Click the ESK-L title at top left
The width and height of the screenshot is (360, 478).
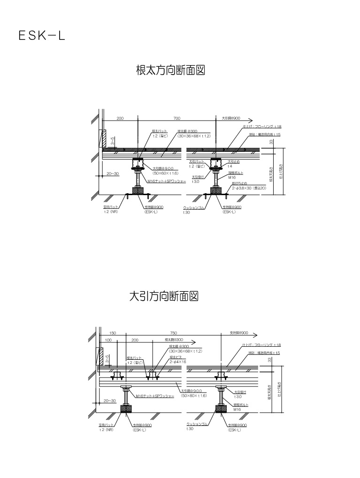click(x=42, y=36)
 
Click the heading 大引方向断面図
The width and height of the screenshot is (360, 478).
click(x=164, y=296)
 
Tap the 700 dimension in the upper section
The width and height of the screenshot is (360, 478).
click(x=176, y=118)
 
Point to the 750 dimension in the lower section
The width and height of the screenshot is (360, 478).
click(x=174, y=333)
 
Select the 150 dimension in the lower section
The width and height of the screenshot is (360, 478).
click(x=113, y=333)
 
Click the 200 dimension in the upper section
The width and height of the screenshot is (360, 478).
click(x=120, y=118)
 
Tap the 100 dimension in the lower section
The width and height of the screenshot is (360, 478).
click(x=108, y=339)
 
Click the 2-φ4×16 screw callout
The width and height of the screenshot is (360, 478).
click(x=178, y=362)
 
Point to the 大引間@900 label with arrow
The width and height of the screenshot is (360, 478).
click(x=231, y=118)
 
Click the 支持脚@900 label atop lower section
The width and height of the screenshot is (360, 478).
click(x=239, y=333)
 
